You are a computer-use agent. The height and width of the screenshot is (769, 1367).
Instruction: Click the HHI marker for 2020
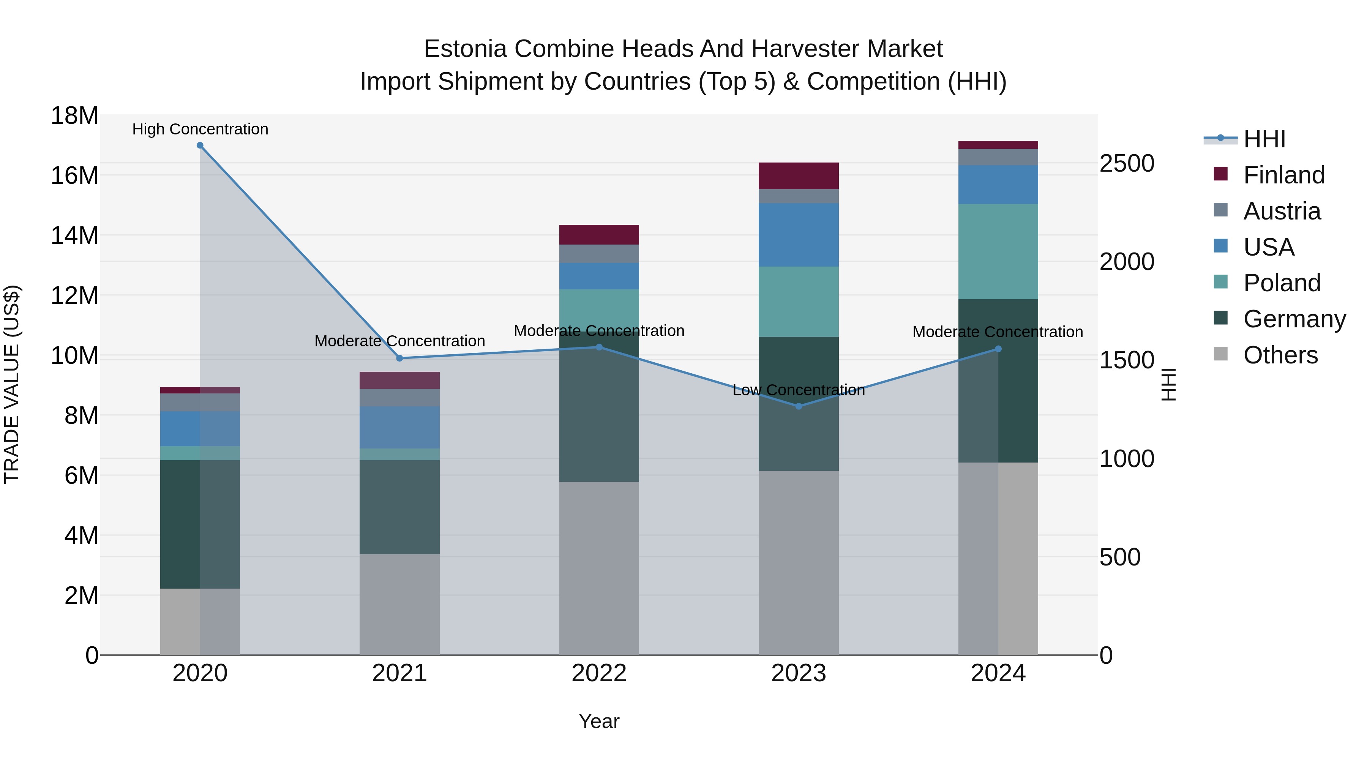(x=200, y=145)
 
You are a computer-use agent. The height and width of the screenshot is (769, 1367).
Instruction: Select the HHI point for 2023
(x=799, y=406)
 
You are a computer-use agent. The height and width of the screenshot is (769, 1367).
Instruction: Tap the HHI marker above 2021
(x=399, y=358)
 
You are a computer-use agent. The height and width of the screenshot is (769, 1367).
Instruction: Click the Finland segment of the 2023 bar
(x=799, y=176)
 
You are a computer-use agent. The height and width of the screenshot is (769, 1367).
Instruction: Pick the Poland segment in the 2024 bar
(x=998, y=251)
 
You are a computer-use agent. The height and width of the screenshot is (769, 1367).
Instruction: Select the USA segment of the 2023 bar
(x=799, y=235)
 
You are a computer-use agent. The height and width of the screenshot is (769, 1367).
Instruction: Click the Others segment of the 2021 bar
(x=399, y=605)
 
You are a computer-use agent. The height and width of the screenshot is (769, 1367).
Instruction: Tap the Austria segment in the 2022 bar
(x=599, y=254)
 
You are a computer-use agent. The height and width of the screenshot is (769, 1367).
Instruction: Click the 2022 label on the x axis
(x=599, y=673)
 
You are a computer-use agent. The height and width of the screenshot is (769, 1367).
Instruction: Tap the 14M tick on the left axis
(x=74, y=235)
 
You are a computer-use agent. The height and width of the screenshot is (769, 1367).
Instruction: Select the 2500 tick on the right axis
(x=1127, y=163)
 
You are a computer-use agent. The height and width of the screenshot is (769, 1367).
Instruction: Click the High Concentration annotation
(x=200, y=129)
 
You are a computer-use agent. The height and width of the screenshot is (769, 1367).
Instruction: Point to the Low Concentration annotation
(x=799, y=390)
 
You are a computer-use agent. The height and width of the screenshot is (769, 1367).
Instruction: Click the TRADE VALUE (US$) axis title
(x=12, y=384)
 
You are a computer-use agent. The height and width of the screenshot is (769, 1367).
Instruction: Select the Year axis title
(x=599, y=721)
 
